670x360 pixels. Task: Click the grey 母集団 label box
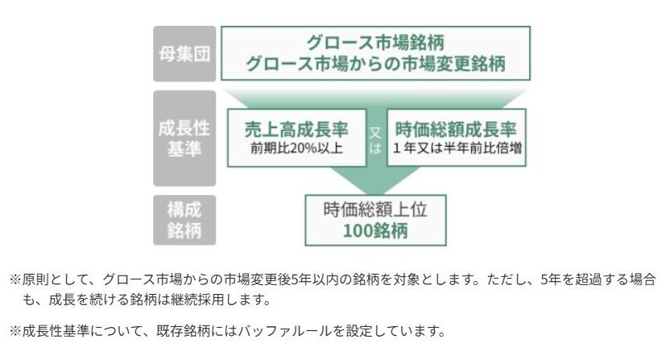(x=184, y=53)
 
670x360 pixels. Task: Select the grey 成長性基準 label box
(x=184, y=138)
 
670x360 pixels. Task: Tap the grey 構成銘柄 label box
(x=184, y=220)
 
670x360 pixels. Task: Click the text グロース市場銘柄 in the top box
(x=375, y=42)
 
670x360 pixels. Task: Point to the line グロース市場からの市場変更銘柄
(x=375, y=64)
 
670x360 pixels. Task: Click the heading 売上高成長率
(x=296, y=129)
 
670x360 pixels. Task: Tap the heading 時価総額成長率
(x=456, y=129)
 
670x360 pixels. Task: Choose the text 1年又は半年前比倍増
(x=456, y=148)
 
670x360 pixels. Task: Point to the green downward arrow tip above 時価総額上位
(x=375, y=187)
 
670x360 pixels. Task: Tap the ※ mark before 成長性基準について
(x=14, y=330)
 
